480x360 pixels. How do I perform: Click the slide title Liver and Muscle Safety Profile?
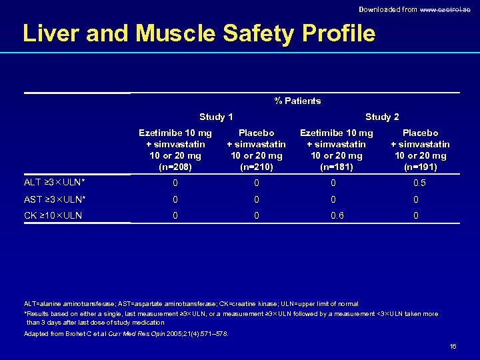coord(199,33)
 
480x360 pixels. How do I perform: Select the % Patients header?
coord(297,101)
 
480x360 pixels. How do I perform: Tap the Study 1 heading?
coord(216,117)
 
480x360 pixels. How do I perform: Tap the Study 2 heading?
coord(382,117)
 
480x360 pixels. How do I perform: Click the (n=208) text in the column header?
coord(175,167)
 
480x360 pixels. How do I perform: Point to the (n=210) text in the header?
coord(256,167)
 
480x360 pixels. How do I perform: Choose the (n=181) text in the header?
coord(337,167)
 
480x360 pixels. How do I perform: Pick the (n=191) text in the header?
coord(420,167)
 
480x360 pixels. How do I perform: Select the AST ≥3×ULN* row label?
coord(54,199)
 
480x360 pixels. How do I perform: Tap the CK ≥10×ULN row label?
coord(53,215)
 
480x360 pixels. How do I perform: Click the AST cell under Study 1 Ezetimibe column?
coord(175,199)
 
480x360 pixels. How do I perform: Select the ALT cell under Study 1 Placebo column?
coord(256,183)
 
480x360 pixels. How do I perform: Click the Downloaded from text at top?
coord(387,9)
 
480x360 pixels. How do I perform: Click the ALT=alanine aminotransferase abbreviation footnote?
coord(191,304)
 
